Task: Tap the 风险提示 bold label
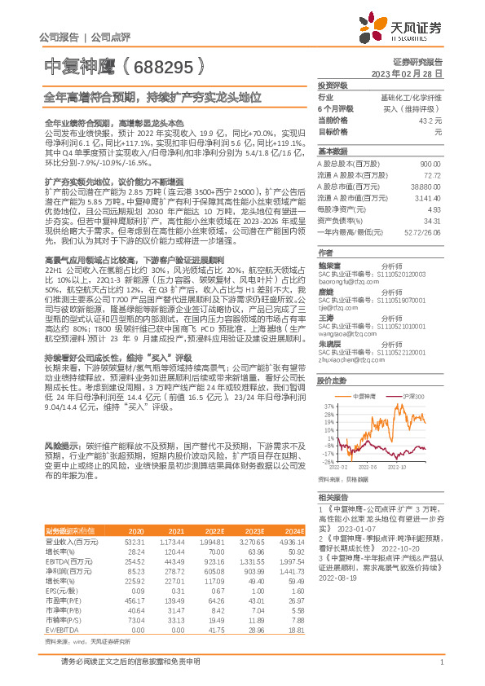60,447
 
